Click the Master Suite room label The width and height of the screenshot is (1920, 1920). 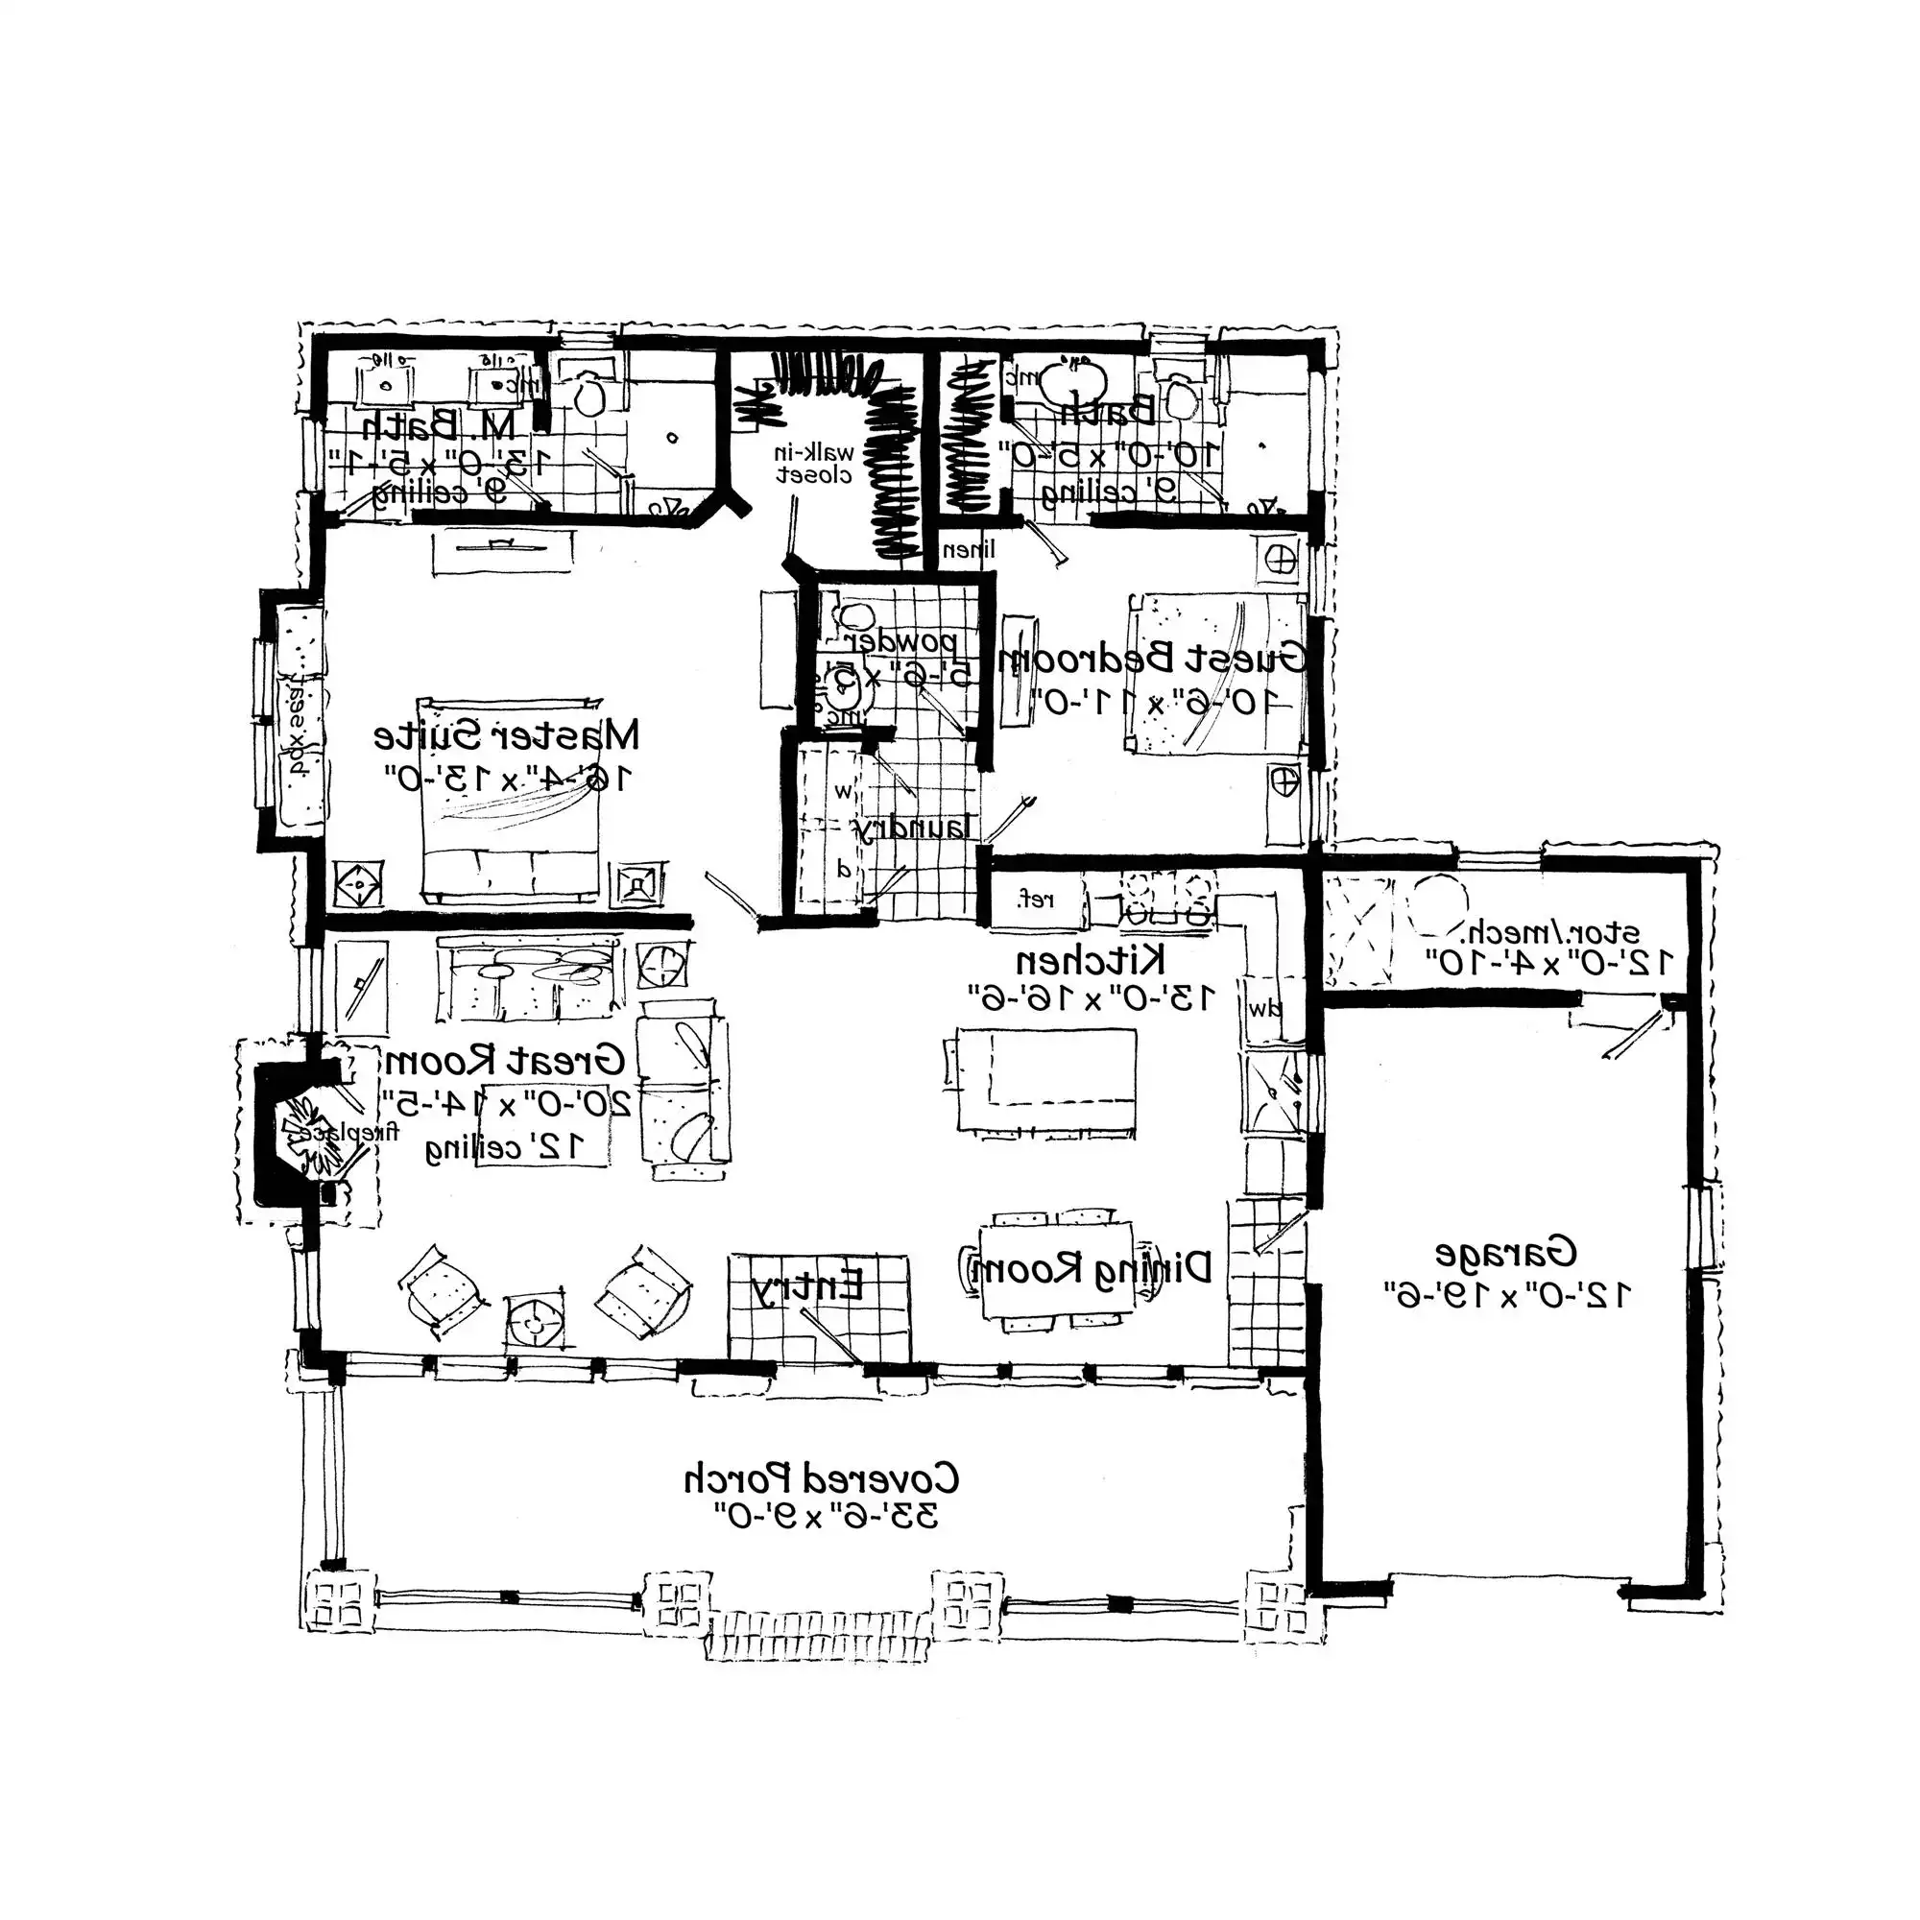click(x=507, y=736)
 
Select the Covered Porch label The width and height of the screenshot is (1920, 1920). click(x=821, y=1478)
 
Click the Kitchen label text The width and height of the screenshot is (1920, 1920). click(x=1091, y=961)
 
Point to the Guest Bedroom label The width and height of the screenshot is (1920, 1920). click(x=1153, y=658)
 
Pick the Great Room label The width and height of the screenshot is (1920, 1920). click(x=505, y=1061)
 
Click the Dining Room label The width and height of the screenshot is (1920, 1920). click(x=1091, y=1267)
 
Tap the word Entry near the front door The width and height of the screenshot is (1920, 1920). click(x=807, y=1288)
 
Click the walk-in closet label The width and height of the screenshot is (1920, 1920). click(x=815, y=463)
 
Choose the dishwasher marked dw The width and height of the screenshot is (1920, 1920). click(x=1265, y=1010)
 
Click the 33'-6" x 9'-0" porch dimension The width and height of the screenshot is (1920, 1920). click(x=826, y=1518)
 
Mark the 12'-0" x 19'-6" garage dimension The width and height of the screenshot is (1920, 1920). click(x=1505, y=1295)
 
